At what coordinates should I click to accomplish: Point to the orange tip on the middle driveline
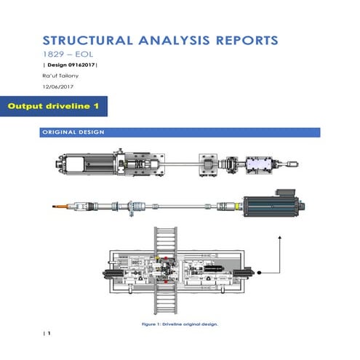pos(58,208)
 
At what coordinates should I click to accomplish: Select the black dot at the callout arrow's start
pos(257,271)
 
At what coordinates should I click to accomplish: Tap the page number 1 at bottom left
pos(49,333)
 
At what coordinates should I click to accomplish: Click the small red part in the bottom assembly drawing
pos(166,268)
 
